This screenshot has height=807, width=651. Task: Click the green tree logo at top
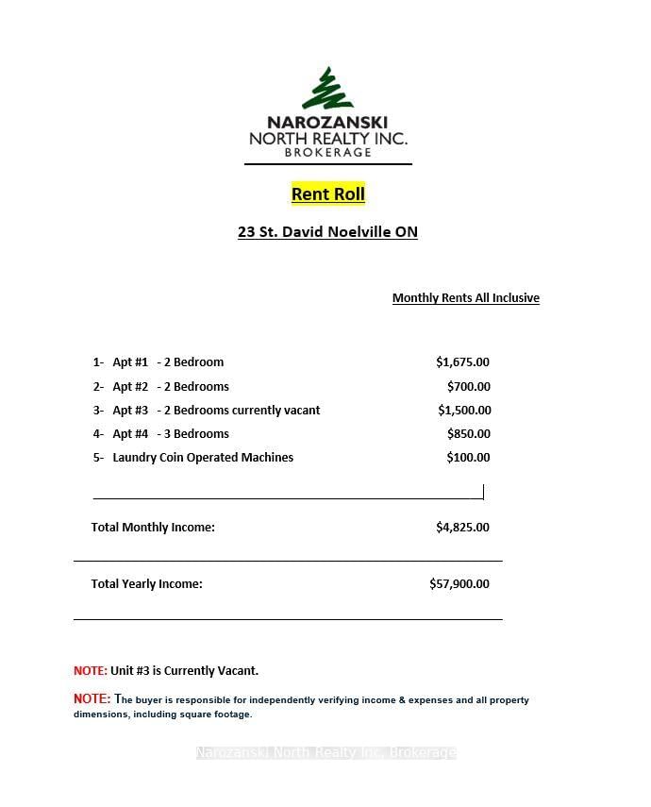pos(327,89)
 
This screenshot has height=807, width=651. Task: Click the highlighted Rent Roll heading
pos(327,194)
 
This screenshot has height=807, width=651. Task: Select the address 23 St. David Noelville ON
pos(327,232)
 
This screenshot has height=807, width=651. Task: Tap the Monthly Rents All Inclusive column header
pos(465,298)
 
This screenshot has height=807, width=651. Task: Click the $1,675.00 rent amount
pos(462,362)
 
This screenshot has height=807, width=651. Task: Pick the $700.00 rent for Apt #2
pos(468,387)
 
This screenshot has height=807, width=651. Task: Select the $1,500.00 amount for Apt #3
pos(464,411)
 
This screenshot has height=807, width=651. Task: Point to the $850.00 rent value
pos(468,434)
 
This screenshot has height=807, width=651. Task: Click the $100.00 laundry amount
pos(468,458)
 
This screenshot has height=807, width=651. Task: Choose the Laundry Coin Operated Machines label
pos(202,458)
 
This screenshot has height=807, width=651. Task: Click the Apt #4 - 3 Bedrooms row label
pos(170,434)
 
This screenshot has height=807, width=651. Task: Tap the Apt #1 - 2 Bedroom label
pos(167,362)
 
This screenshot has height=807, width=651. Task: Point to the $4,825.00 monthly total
pos(462,528)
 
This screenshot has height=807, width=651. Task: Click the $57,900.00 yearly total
pos(459,584)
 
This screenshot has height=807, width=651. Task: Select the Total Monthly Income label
pos(153,528)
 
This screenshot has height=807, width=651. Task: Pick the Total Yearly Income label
pos(146,584)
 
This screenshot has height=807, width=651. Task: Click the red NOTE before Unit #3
pos(91,671)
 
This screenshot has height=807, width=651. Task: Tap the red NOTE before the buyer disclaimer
pos(92,699)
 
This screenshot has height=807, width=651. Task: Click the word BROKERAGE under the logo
pos(327,153)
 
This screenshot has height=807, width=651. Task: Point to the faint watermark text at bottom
pos(325,752)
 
